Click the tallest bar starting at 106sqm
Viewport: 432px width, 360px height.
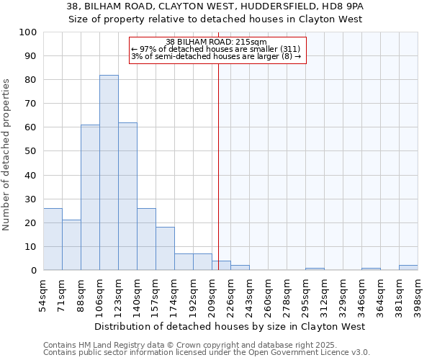109,173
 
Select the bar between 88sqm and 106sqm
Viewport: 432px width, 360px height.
90,197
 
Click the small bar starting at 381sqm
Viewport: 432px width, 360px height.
408,268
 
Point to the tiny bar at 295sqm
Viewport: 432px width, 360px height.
315,269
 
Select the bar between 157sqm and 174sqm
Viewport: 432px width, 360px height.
165,249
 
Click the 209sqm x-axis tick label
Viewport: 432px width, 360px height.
212,294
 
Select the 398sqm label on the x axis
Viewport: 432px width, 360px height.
418,294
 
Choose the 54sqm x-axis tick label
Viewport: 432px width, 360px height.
43,294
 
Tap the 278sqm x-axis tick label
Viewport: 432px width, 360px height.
287,294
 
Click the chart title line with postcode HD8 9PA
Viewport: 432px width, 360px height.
216,6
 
